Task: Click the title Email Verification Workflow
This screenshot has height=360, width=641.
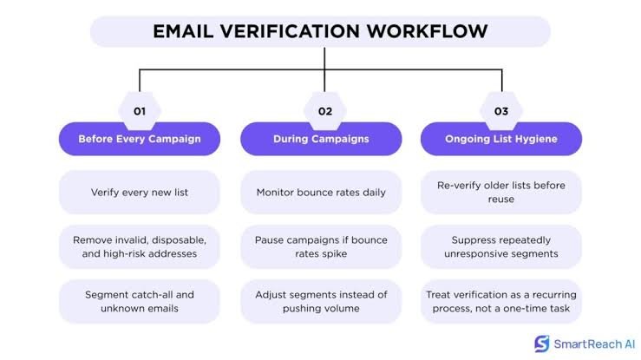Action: click(320, 31)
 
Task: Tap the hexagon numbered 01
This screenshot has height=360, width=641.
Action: click(140, 111)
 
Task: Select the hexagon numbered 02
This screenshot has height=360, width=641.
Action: click(325, 111)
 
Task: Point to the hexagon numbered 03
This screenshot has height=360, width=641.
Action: click(501, 111)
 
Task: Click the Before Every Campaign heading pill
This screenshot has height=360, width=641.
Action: click(140, 139)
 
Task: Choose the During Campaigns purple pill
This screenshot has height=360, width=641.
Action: click(321, 139)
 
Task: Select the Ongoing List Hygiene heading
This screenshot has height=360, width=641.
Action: click(501, 139)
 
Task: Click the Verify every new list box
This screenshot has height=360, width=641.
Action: click(140, 192)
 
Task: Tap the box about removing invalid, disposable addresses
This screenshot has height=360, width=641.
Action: click(140, 247)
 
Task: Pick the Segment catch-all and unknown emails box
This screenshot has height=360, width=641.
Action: click(140, 302)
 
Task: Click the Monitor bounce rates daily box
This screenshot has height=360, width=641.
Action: click(321, 192)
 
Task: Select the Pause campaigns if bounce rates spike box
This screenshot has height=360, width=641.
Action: click(321, 247)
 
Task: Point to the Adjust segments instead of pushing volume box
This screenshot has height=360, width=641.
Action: click(321, 302)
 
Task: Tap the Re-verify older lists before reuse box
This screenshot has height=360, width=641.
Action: click(501, 192)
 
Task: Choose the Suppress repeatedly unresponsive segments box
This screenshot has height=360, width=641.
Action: click(501, 247)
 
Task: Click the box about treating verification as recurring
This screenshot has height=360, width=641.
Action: click(501, 302)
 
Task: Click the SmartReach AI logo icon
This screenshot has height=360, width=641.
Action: click(542, 344)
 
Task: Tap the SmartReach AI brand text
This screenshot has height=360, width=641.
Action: click(594, 344)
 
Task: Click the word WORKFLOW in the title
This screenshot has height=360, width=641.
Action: click(427, 31)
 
